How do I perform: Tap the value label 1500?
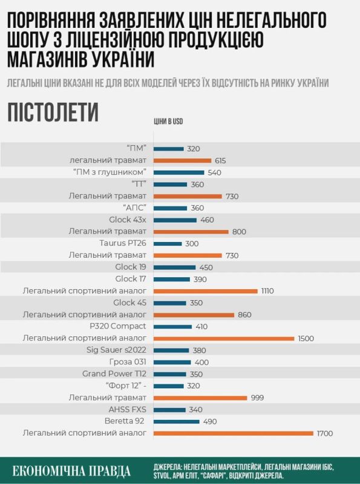click(306, 338)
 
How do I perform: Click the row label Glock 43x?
click(128, 220)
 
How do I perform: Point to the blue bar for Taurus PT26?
click(168, 243)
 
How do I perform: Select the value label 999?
click(258, 397)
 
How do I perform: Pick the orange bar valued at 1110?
click(206, 291)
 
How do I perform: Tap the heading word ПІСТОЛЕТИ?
click(53, 113)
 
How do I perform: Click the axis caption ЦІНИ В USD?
click(168, 122)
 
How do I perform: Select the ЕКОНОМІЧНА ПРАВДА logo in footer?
click(72, 471)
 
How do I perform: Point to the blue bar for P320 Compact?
click(172, 327)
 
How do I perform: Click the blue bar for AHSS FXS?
click(169, 410)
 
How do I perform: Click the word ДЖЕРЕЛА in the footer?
click(172, 467)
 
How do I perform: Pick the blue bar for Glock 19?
click(174, 267)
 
